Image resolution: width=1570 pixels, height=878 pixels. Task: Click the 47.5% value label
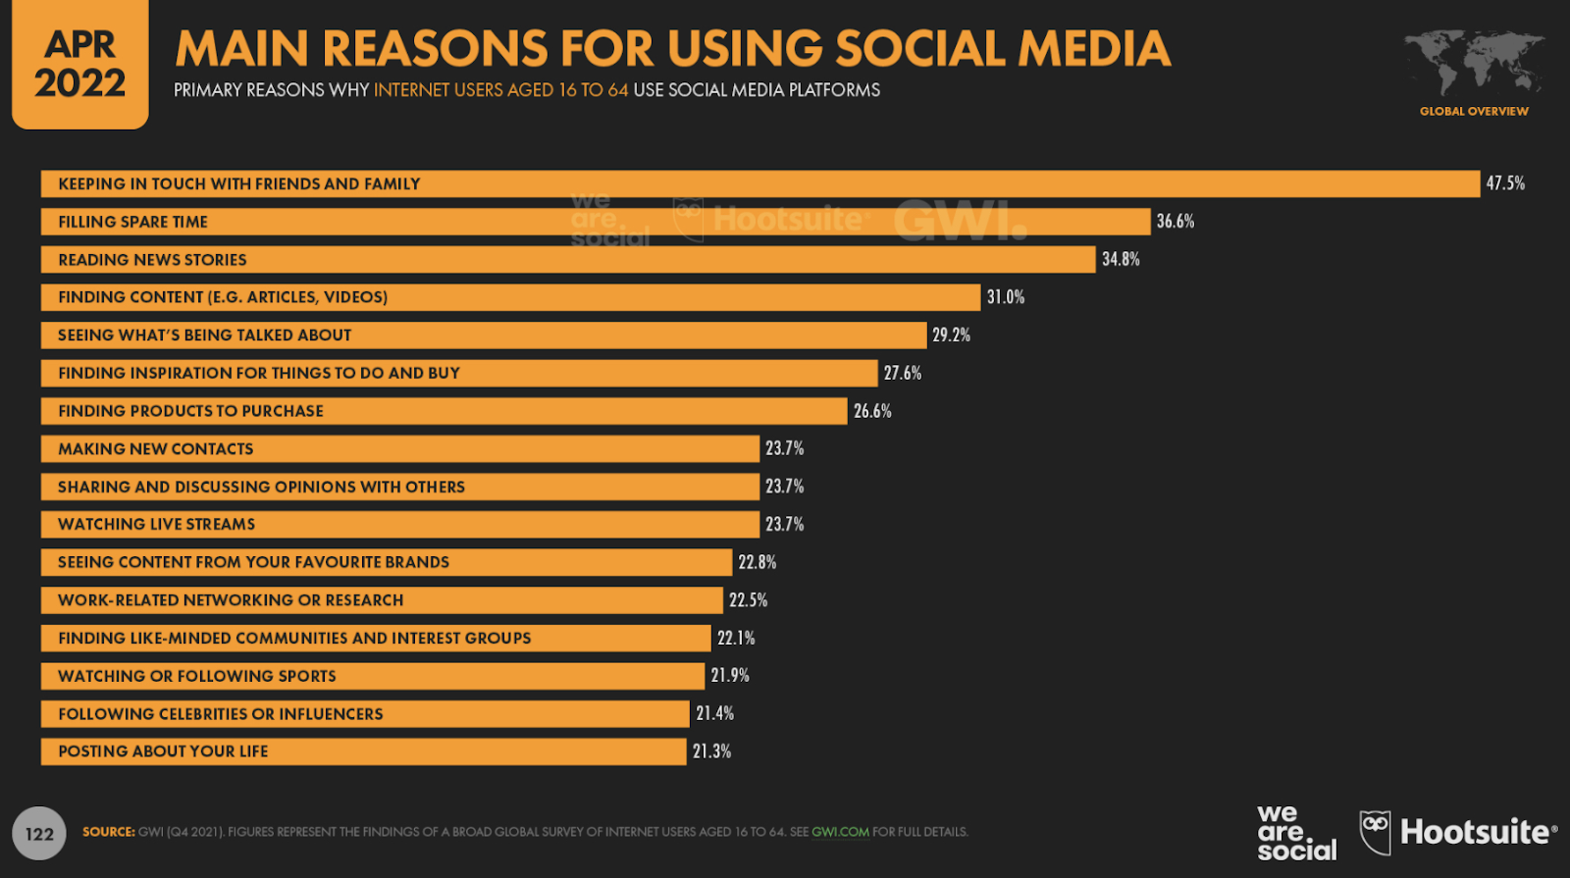pos(1505,183)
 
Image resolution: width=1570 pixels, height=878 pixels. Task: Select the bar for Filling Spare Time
pos(595,222)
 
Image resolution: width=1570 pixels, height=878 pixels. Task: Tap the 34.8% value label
pos(1121,259)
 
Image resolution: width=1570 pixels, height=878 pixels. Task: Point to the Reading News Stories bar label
pos(152,260)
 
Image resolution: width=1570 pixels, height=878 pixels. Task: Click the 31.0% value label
pos(1006,297)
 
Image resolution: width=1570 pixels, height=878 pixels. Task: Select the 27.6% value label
pos(903,373)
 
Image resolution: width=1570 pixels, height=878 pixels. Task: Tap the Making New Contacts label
pos(155,449)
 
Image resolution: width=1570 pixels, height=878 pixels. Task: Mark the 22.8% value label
pos(758,562)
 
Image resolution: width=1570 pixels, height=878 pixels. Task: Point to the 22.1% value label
pos(736,638)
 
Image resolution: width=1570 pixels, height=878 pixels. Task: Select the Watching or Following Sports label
pos(196,676)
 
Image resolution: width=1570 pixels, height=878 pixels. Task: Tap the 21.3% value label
pos(711,751)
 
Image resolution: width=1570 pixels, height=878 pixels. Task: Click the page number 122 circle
pos(39,834)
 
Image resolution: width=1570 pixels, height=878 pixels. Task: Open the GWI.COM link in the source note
pos(840,832)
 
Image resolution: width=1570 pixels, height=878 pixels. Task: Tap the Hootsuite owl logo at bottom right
pos(1376,832)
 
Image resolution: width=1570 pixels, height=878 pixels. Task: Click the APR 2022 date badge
pos(80,64)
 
